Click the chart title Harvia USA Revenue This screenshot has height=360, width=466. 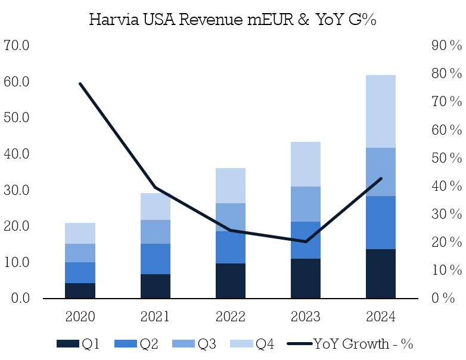point(232,19)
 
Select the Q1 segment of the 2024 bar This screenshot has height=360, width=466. point(380,273)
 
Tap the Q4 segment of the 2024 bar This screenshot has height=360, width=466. point(380,111)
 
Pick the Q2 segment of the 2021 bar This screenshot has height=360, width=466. point(155,259)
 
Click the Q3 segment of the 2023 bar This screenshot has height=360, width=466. point(305,204)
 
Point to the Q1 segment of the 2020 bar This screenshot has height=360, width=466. point(80,290)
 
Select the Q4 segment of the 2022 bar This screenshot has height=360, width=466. point(230,185)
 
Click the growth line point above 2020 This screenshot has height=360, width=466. point(80,84)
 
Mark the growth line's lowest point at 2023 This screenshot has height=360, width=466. point(305,241)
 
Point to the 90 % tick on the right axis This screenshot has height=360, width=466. point(446,45)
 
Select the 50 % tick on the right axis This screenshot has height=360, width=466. point(446,158)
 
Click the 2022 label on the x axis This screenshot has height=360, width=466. point(230,316)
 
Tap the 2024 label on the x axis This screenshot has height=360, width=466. point(380,316)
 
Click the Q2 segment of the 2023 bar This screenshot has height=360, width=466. point(305,240)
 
